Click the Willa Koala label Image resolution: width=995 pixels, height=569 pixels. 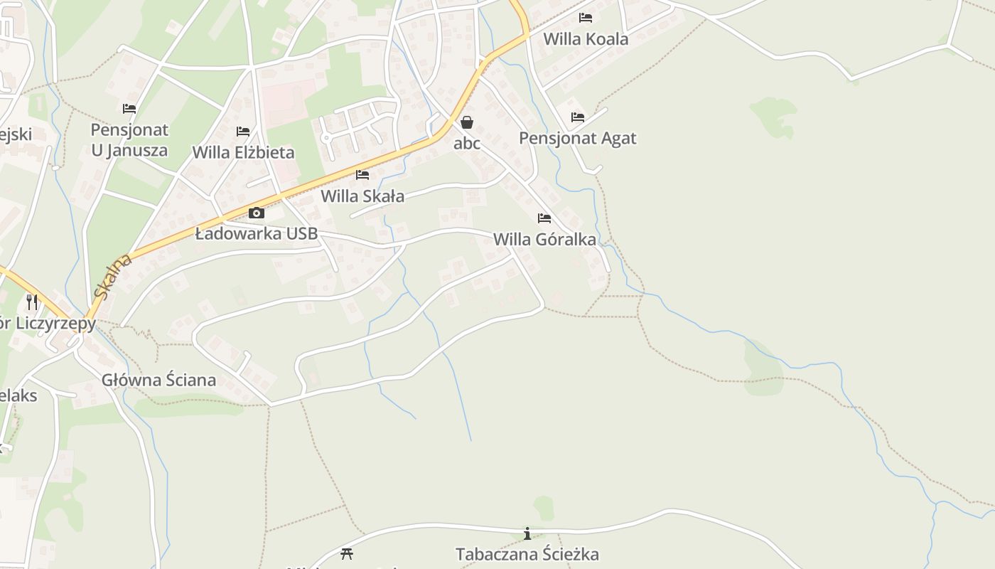586,39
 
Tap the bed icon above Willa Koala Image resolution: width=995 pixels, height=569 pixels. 586,18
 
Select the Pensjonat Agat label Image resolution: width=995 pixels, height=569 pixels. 577,138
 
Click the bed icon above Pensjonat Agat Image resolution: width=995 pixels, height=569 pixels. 578,117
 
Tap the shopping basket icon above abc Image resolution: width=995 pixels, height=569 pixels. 467,122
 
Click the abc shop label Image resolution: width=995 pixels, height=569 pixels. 467,143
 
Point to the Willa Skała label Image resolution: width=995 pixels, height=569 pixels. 362,196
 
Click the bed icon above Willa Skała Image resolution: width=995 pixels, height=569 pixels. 362,175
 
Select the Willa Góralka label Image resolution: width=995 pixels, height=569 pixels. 544,239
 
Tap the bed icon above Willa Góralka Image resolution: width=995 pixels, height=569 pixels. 544,218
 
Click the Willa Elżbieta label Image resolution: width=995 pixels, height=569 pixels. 243,152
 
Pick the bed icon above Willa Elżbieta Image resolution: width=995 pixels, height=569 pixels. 243,132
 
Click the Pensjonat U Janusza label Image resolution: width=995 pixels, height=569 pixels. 129,140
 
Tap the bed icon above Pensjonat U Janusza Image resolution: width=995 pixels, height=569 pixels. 129,109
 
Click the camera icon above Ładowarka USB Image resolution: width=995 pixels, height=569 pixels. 257,213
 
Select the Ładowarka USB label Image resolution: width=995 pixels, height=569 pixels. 257,233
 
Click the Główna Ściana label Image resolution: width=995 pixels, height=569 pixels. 158,380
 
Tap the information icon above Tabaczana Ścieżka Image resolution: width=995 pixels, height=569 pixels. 527,533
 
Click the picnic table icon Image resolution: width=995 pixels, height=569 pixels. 347,553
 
